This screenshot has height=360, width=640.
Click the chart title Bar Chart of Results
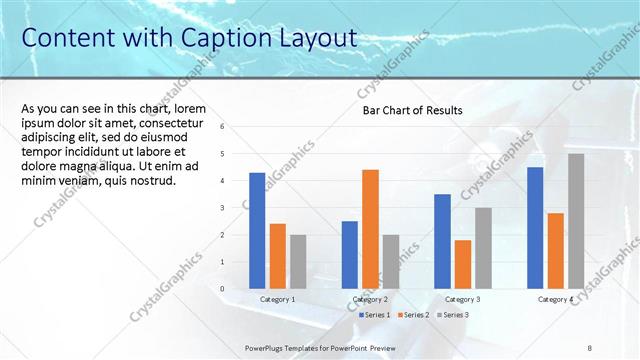coord(412,110)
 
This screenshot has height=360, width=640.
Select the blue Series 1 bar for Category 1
coord(257,230)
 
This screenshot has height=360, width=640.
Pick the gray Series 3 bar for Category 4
coord(576,220)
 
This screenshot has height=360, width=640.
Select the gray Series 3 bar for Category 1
coord(298,261)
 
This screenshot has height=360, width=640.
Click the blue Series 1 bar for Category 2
coord(349,254)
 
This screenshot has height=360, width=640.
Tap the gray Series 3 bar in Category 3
coord(483,247)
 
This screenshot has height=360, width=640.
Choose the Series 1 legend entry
coord(376,315)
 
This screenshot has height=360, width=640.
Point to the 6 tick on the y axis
coord(236,127)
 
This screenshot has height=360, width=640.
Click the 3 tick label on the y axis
coord(236,208)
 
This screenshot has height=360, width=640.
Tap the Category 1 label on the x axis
coord(277,299)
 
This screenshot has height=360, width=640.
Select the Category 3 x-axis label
coord(462,299)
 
